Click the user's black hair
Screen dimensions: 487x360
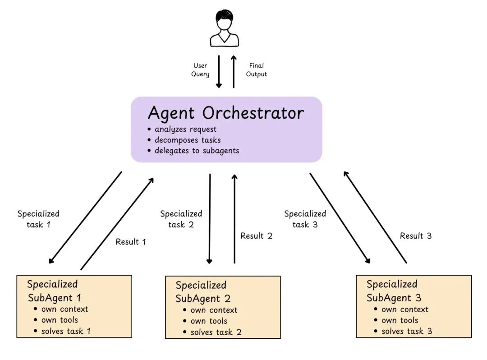pyautogui.click(x=225, y=16)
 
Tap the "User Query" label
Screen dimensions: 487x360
pyautogui.click(x=200, y=70)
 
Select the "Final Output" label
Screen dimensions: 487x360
pyautogui.click(x=256, y=70)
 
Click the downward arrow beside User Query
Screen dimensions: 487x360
pyautogui.click(x=219, y=71)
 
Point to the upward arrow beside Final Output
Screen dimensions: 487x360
pyautogui.click(x=234, y=71)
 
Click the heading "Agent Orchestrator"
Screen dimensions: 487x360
pyautogui.click(x=226, y=113)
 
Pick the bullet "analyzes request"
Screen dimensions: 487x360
pyautogui.click(x=182, y=129)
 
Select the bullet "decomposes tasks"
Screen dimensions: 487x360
pyautogui.click(x=184, y=140)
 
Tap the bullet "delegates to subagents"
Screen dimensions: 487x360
pyautogui.click(x=193, y=151)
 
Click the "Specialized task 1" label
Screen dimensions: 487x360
pyautogui.click(x=38, y=219)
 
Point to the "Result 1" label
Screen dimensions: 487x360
pyautogui.click(x=131, y=242)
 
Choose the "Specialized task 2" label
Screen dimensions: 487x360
pyautogui.click(x=181, y=219)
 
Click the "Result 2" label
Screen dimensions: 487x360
pyautogui.click(x=256, y=236)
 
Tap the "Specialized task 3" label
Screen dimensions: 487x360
pyautogui.click(x=305, y=219)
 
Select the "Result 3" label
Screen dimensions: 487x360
pyautogui.click(x=416, y=236)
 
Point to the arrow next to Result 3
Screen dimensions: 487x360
pyautogui.click(x=375, y=217)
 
